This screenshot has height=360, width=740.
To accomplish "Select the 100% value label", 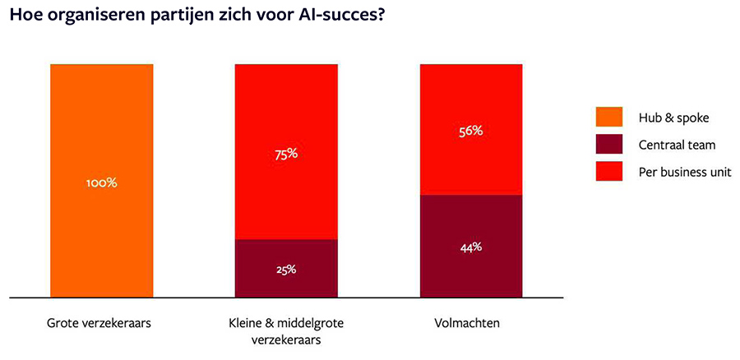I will [101, 182].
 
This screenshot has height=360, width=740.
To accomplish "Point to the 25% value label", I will [286, 269].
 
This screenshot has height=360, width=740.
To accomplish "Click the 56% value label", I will [471, 130].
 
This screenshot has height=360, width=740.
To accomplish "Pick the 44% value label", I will [471, 247].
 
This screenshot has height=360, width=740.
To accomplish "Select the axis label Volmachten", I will [470, 323].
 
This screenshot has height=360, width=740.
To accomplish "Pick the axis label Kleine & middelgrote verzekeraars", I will [286, 330].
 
